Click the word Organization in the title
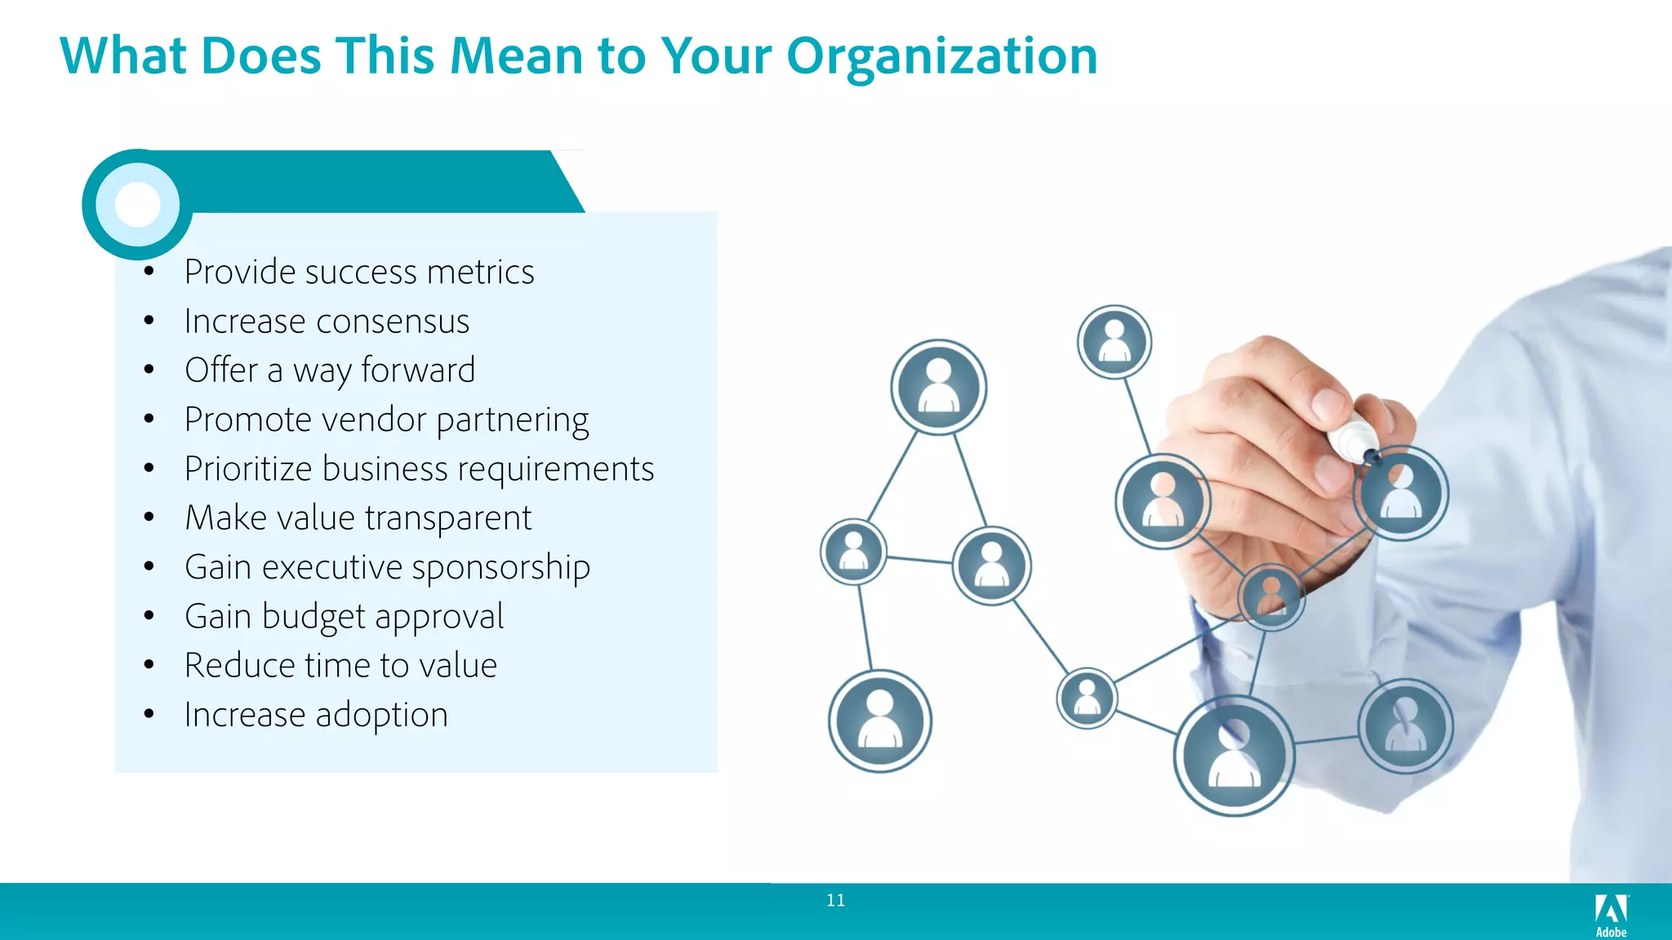click(941, 57)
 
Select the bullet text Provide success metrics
click(359, 272)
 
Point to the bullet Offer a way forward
click(330, 370)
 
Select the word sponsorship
click(500, 568)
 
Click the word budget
click(313, 617)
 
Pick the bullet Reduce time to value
click(340, 666)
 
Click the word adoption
click(381, 716)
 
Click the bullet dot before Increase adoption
click(149, 715)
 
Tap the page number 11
click(835, 900)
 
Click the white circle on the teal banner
click(137, 204)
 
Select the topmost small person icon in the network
click(1114, 342)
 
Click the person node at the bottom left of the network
click(879, 721)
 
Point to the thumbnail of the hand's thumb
click(1330, 403)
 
